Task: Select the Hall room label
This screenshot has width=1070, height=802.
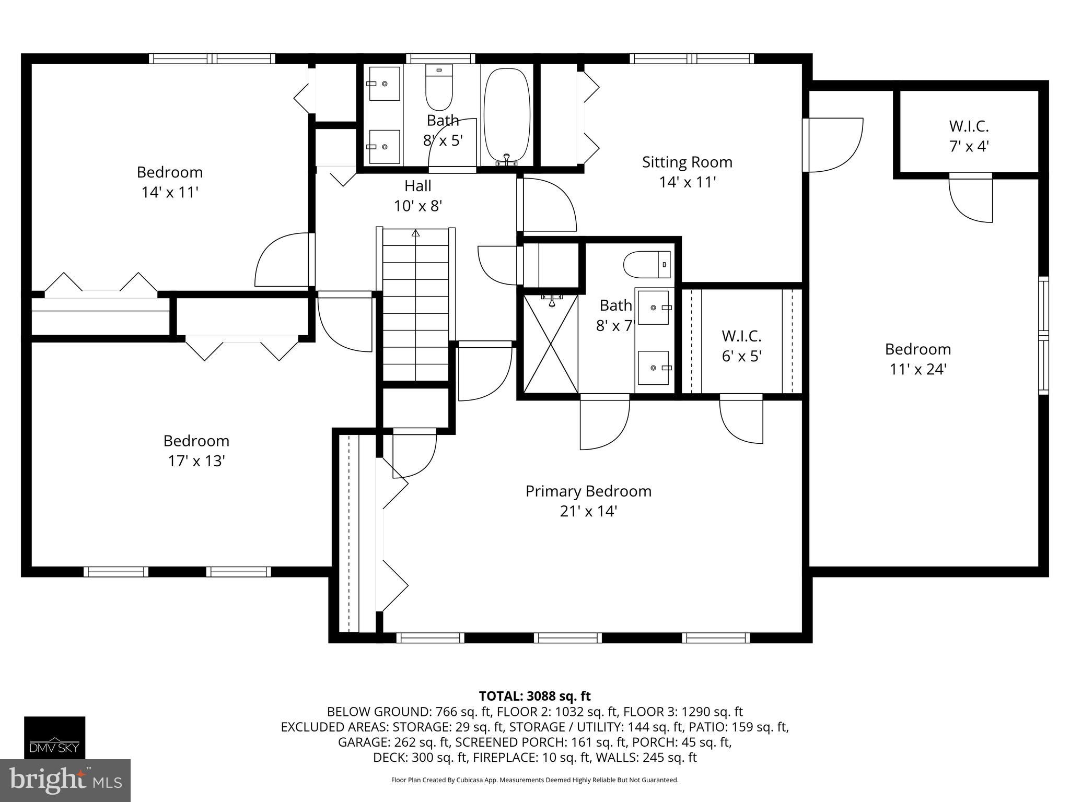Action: [418, 186]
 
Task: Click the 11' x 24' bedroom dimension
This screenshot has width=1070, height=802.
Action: [918, 370]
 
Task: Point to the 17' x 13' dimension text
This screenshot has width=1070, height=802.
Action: [196, 461]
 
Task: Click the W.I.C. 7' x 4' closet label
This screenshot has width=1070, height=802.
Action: [969, 136]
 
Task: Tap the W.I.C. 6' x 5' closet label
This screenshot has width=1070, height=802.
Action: [742, 346]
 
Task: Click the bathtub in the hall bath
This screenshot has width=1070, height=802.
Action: [507, 115]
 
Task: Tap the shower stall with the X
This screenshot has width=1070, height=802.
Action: [551, 344]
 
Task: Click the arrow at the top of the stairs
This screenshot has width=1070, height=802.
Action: [416, 233]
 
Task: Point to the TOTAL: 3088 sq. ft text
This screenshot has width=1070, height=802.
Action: [534, 696]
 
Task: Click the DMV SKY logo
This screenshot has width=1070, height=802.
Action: [54, 737]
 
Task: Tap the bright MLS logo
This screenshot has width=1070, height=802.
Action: [65, 780]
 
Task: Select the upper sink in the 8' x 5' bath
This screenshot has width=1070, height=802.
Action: [385, 84]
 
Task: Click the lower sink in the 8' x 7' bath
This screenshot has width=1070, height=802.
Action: [653, 368]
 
